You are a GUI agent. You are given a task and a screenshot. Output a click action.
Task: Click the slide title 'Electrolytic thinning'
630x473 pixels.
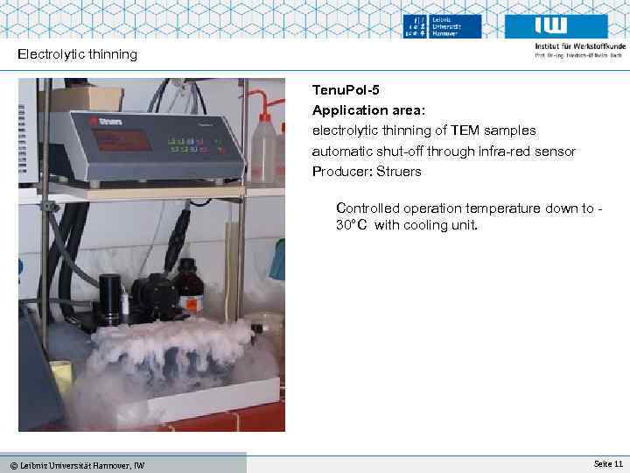point(78,54)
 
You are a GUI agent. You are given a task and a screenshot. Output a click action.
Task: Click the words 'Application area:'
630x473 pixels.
point(363,110)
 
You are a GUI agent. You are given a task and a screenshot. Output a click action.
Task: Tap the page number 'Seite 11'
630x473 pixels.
point(607,462)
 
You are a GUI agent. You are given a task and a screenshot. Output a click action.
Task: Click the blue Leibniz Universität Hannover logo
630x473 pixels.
point(443,26)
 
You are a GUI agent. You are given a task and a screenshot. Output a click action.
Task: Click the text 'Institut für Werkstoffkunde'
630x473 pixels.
point(580,46)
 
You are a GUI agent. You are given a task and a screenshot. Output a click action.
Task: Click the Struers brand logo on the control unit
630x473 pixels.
point(106,121)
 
